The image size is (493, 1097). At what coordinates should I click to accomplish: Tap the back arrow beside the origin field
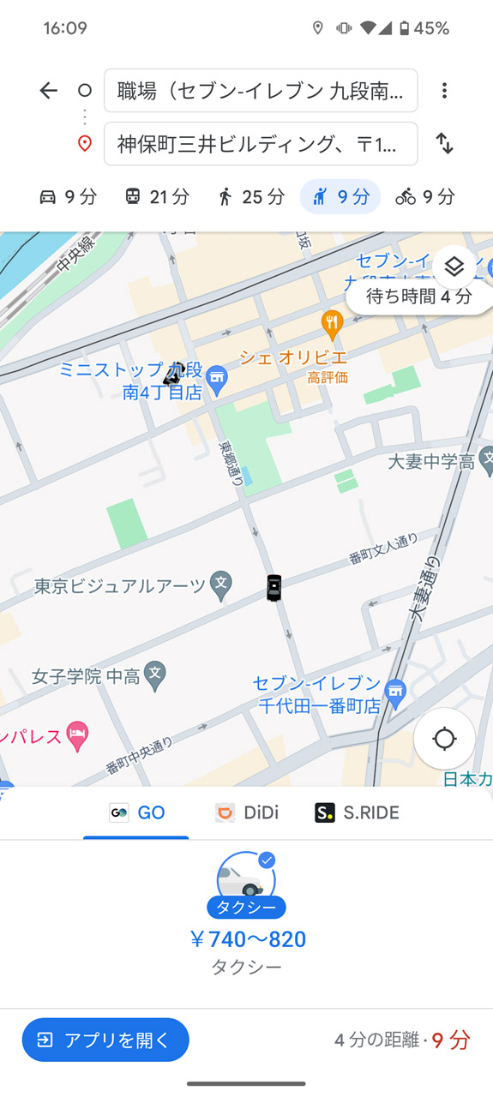point(49,91)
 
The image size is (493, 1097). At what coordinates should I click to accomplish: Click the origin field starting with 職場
point(261,91)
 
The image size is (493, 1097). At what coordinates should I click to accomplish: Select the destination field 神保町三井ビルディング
point(261,144)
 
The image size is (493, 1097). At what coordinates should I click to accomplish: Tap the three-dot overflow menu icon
point(444,91)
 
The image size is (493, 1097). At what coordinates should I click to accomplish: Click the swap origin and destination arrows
point(444,143)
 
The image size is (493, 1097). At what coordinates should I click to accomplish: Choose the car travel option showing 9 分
point(69,197)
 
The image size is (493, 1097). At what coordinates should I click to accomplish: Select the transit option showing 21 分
point(157,197)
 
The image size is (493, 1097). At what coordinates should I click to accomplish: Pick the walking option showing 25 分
point(250,197)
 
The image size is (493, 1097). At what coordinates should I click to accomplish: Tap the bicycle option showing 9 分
point(425,197)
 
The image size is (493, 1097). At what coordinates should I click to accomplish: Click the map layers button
point(454,267)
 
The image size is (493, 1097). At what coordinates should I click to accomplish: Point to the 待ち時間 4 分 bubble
point(419,297)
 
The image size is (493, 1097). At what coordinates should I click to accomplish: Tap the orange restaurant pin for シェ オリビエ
point(332,323)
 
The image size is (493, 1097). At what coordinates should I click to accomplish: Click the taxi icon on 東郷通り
point(274,587)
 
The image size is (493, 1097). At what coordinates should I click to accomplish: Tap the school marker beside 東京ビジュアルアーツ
point(221,584)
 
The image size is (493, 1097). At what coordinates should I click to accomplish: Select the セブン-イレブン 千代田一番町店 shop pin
point(394,692)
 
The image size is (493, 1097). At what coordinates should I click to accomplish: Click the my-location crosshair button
point(444,739)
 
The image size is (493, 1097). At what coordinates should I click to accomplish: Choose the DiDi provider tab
point(247,812)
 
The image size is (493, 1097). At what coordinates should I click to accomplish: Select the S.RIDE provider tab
point(358,812)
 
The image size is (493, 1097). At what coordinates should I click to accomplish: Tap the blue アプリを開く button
point(105,1040)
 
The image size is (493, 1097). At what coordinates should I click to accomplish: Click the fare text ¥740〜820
point(247,939)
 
